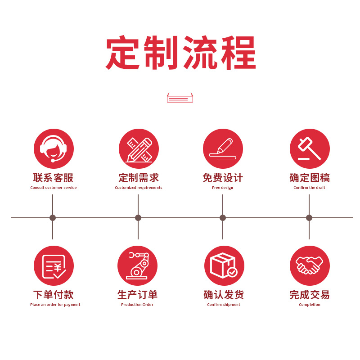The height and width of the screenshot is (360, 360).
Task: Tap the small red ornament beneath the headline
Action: (180, 98)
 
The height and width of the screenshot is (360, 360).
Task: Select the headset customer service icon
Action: (54, 149)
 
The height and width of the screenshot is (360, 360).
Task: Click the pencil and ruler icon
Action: (139, 149)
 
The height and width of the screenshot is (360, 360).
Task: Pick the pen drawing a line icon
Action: (223, 149)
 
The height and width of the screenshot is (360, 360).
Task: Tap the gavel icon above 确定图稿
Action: (310, 149)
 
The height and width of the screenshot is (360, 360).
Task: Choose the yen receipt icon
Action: (54, 265)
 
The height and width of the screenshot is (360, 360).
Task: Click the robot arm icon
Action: (137, 265)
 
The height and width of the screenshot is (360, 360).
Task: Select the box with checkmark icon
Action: (224, 265)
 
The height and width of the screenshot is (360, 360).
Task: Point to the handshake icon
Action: (310, 265)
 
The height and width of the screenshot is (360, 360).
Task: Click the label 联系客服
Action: (53, 178)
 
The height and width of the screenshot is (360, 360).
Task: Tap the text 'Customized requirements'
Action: (139, 188)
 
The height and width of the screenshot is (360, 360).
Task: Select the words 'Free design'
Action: (223, 188)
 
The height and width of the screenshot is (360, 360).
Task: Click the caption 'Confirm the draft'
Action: (309, 188)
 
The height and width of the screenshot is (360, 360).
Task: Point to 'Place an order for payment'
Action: (55, 305)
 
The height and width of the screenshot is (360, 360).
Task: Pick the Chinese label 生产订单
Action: (137, 295)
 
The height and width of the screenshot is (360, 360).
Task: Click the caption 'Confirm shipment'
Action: (224, 305)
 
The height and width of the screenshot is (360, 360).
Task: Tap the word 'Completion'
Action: (310, 305)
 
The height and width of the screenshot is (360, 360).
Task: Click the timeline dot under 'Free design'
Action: (223, 218)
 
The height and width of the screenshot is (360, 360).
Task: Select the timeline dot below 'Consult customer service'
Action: (53, 218)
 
